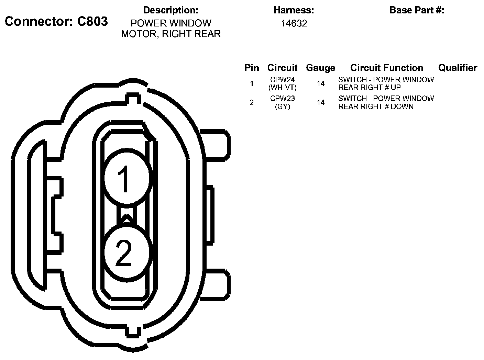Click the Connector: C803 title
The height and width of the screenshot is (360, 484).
click(x=56, y=22)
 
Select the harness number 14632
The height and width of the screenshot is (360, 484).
click(x=294, y=23)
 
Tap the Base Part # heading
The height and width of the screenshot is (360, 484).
click(x=417, y=10)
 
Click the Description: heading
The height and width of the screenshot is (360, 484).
click(x=170, y=10)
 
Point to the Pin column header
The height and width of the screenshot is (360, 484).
click(x=252, y=68)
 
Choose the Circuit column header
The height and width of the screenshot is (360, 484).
click(x=282, y=68)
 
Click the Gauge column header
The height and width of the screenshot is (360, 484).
click(x=320, y=68)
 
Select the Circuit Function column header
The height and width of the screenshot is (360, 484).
click(x=387, y=68)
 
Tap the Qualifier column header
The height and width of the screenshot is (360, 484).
click(x=458, y=68)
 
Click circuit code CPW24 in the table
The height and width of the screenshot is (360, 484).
click(x=282, y=80)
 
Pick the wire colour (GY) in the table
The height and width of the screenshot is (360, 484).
click(x=282, y=106)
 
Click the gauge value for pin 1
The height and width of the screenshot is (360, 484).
click(x=321, y=83)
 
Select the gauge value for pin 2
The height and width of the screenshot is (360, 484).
click(x=321, y=102)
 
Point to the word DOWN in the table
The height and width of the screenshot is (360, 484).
click(x=402, y=106)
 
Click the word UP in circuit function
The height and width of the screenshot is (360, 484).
click(x=396, y=88)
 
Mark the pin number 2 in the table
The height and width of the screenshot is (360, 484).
click(x=252, y=102)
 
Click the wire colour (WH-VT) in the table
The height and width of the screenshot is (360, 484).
click(x=282, y=88)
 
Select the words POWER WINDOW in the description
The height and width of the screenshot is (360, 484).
click(x=171, y=23)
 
